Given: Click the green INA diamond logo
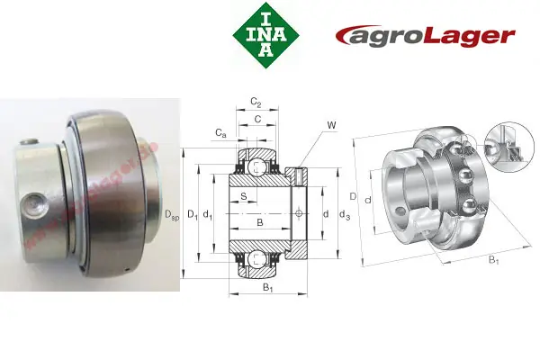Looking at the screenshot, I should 264,35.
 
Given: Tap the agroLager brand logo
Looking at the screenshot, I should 425,36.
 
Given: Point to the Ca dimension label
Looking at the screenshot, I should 220,132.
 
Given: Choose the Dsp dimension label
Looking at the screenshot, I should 171,213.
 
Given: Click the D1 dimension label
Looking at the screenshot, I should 192,213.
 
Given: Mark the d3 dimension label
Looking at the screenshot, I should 344,213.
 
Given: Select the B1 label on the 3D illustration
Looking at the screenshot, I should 493,260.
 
